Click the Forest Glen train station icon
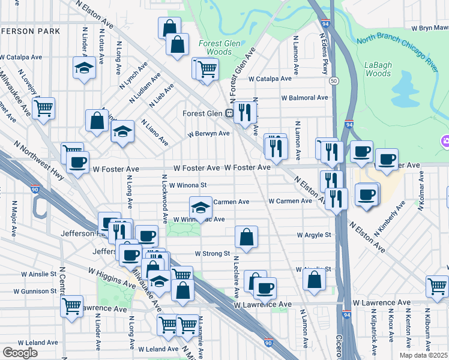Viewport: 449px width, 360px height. coord(229,113)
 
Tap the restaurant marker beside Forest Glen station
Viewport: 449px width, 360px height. coord(245,112)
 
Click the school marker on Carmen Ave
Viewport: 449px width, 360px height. coord(200,208)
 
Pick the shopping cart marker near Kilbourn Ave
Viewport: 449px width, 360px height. coord(437,286)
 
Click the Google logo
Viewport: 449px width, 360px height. coord(20,352)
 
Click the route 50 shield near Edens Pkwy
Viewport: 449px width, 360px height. coord(334,80)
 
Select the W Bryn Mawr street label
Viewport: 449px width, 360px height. coord(430,28)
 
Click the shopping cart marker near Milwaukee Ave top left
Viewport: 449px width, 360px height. coord(43,109)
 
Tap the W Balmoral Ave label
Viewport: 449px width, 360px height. coord(305,97)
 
